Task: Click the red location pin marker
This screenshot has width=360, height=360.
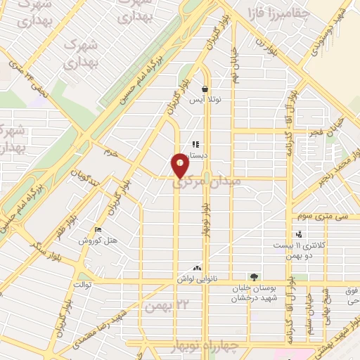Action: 181,165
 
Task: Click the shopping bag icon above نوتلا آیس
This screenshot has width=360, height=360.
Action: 205,90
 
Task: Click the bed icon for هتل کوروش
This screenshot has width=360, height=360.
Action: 97,229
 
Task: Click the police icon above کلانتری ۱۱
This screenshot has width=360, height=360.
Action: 300,234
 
